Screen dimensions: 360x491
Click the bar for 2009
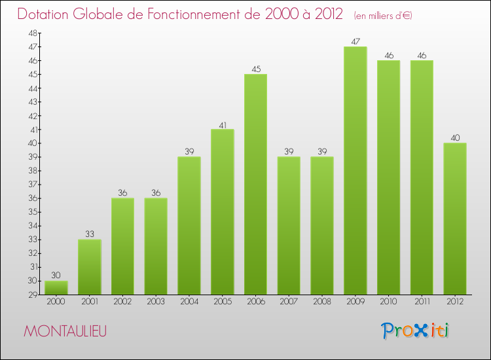[x=355, y=170]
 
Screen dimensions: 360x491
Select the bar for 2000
[x=56, y=288]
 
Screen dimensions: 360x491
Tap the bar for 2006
[x=255, y=184]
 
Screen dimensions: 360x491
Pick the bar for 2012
[x=454, y=219]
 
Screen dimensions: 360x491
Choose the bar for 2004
[x=189, y=225]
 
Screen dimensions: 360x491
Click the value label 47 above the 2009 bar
[x=355, y=42]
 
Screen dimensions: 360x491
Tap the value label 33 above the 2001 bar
[x=90, y=234]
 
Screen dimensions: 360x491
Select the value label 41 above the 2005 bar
[x=222, y=124]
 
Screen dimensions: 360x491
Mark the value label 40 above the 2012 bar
[x=454, y=138]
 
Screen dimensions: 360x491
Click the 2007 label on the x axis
[x=288, y=301]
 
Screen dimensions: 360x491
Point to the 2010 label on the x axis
[x=388, y=301]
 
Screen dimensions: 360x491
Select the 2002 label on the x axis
[x=122, y=301]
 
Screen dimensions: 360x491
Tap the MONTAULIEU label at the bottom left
[x=65, y=331]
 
